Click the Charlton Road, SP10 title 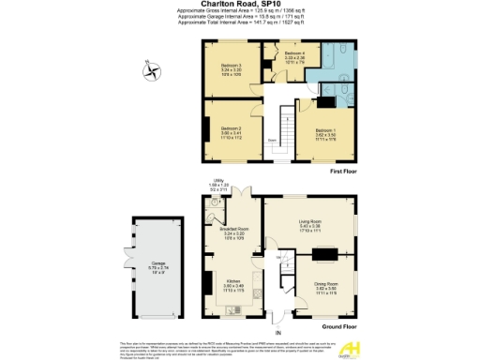click(240, 5)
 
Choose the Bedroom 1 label click(325, 132)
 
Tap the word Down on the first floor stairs click(271, 140)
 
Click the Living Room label click(309, 221)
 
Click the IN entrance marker click(277, 332)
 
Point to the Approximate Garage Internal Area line click(240, 16)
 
